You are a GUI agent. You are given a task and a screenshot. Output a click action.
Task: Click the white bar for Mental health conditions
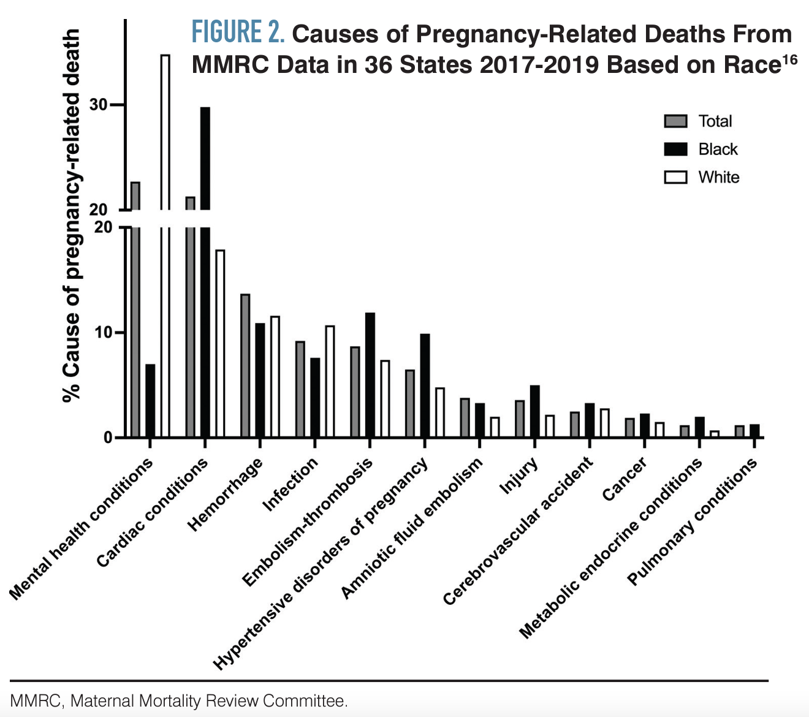[165, 245]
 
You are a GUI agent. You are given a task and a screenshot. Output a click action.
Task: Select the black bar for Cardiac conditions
[205, 270]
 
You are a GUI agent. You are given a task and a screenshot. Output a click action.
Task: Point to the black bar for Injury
[534, 411]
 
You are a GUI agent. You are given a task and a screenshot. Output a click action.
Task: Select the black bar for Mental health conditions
[150, 401]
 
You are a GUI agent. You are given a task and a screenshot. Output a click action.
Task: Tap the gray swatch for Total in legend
[675, 121]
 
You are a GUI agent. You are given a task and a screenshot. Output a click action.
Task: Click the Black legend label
[718, 150]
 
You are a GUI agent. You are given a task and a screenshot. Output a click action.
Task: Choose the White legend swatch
[675, 178]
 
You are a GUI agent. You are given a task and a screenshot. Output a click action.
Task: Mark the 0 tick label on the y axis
[108, 438]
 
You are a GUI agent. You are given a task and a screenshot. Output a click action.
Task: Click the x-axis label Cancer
[624, 480]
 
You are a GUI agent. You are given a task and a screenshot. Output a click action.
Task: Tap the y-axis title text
[72, 214]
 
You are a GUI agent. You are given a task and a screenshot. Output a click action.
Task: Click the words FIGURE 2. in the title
[238, 32]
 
